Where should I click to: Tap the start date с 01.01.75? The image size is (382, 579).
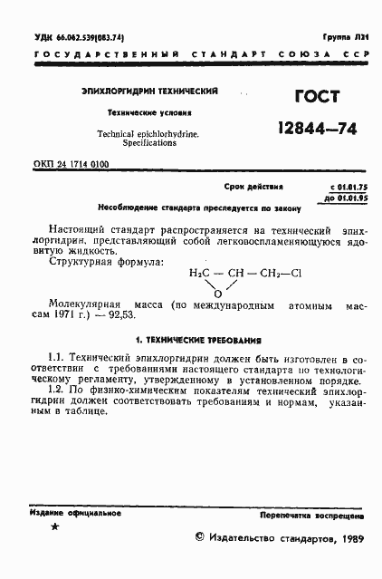coord(339,186)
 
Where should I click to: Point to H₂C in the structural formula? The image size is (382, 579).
coord(200,271)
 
